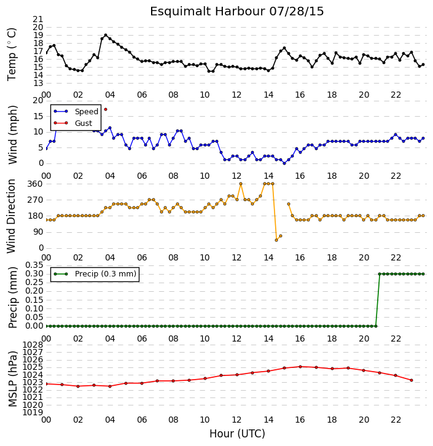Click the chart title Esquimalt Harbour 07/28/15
click(237, 12)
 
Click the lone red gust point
click(106, 109)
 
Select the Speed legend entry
click(76, 112)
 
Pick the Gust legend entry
click(73, 123)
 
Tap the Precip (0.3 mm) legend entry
click(95, 274)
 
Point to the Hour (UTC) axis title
click(237, 434)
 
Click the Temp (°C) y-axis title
click(12, 54)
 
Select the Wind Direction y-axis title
click(11, 216)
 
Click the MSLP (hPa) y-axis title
click(12, 379)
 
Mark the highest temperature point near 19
click(106, 35)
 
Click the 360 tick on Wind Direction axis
click(35, 184)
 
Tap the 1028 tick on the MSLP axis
click(33, 345)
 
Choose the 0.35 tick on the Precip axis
click(34, 265)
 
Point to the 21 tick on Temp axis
click(38, 19)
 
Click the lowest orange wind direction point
click(276, 240)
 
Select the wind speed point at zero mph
click(284, 163)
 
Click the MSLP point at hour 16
click(300, 367)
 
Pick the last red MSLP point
click(412, 380)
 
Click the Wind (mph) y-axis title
click(12, 135)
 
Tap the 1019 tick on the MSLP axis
click(33, 412)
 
